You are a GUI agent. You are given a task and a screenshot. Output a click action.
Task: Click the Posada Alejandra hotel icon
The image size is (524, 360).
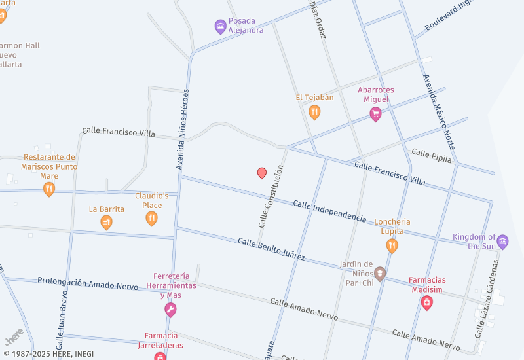point(221,26)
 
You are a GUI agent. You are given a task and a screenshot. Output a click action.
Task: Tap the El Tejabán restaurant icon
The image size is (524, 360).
point(314,112)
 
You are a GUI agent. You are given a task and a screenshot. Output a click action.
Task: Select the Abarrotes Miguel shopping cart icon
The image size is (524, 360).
point(375,115)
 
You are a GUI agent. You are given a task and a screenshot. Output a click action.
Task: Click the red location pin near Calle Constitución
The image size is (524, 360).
point(262,173)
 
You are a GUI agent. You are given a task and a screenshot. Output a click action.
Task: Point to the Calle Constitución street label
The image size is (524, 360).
point(271,196)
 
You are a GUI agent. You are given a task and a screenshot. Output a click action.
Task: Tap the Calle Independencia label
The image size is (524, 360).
point(329,211)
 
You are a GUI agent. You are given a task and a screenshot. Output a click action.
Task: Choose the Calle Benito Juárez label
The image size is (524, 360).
point(271,249)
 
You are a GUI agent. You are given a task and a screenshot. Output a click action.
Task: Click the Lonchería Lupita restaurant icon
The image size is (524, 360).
point(392,245)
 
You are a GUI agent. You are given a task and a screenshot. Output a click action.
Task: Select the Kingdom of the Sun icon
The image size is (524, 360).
point(502,241)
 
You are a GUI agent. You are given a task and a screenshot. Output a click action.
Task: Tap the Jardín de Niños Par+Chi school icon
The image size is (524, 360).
point(380,274)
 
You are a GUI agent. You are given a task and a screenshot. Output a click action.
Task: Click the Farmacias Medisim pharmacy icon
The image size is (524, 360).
point(426,302)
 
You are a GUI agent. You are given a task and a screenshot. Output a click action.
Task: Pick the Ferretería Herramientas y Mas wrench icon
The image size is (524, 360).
point(170,310)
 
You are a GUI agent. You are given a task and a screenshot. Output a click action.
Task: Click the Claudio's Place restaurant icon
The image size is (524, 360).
point(152,218)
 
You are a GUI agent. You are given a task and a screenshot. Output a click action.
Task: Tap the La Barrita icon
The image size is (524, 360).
point(106,223)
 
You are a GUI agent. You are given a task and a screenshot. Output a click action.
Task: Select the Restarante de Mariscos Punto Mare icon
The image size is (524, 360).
point(49,189)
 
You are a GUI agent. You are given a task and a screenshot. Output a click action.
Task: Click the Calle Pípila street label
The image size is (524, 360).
point(432,155)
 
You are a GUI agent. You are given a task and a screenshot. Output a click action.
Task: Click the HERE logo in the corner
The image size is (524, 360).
point(14,336)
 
